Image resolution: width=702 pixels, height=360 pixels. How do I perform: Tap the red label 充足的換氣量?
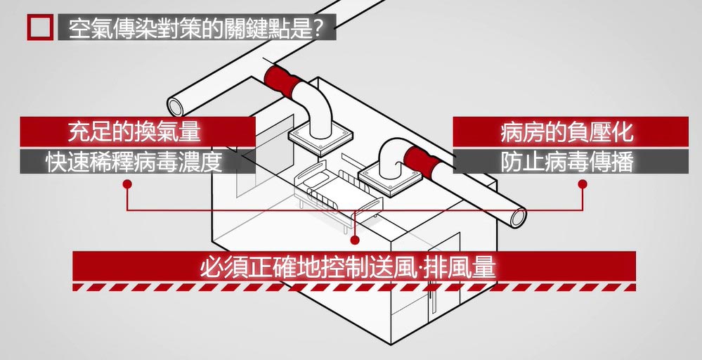coord(135,131)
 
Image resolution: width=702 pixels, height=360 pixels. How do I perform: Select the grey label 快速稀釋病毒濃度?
coord(135,162)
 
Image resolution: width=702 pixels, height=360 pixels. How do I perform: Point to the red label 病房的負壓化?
coord(567,131)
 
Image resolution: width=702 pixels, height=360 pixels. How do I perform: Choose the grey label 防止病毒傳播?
coord(567,162)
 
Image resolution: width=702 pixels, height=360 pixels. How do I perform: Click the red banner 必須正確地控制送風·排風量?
coord(355,266)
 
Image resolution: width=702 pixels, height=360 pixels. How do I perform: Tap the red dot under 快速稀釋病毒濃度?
coord(127,184)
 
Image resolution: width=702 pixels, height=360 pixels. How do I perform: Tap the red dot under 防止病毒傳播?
coord(583,184)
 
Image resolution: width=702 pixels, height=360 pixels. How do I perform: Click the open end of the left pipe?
coord(178,105)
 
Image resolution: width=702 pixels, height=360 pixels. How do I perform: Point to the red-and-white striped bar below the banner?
coord(355,287)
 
